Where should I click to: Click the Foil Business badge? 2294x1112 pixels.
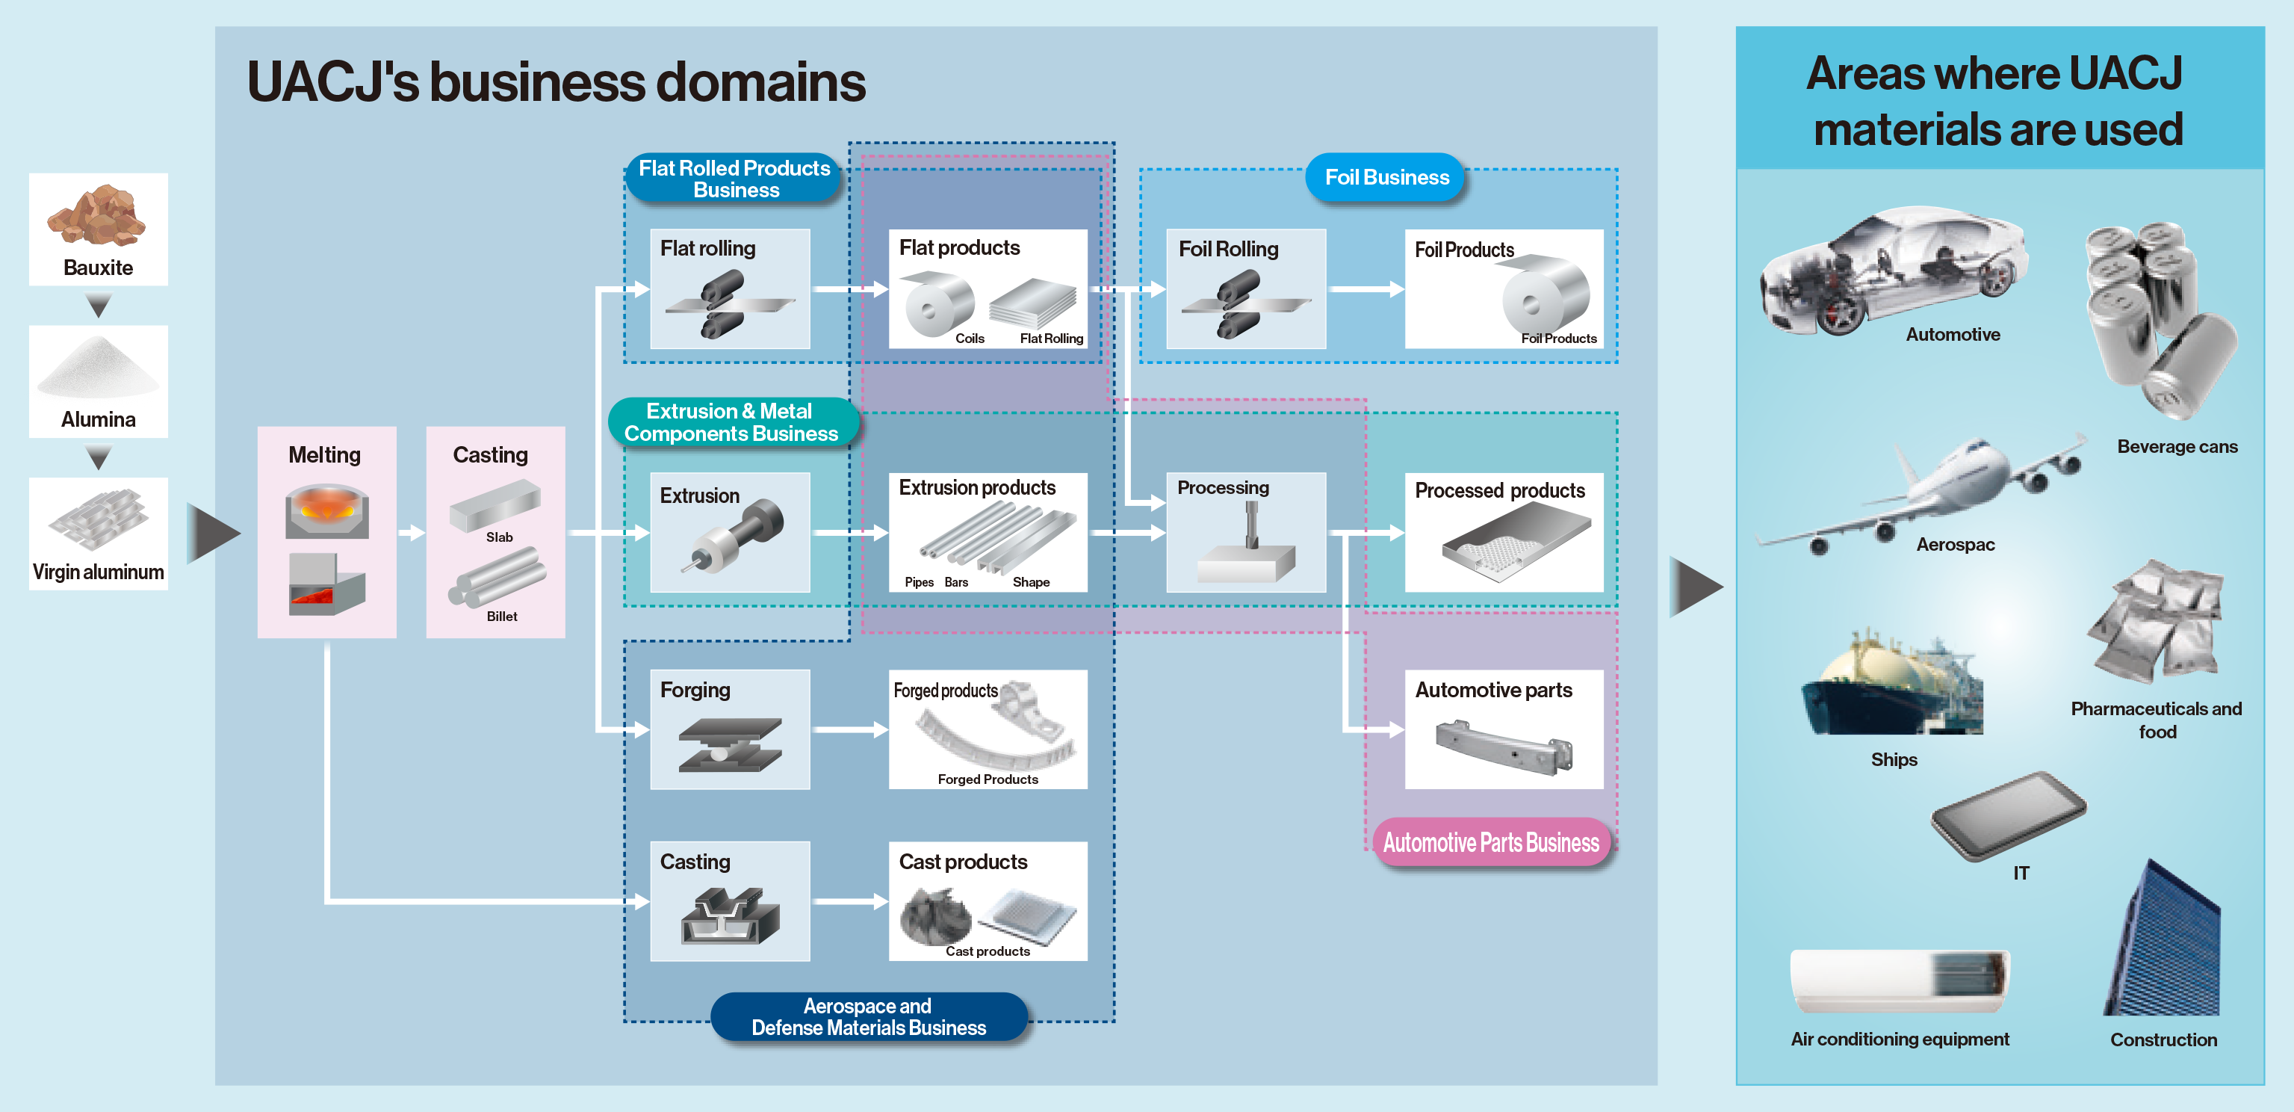(1386, 177)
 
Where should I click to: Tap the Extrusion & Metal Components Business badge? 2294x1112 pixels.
(731, 422)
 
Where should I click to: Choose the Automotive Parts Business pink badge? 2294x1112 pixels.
(1491, 842)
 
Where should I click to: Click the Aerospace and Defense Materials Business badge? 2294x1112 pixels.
(868, 1016)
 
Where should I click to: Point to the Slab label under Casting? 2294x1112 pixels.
(499, 537)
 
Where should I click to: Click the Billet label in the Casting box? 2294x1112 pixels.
(501, 617)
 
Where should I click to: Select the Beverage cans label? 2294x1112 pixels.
(2177, 446)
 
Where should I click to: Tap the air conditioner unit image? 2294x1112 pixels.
(1899, 981)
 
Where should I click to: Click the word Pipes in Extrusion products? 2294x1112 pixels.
(918, 583)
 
